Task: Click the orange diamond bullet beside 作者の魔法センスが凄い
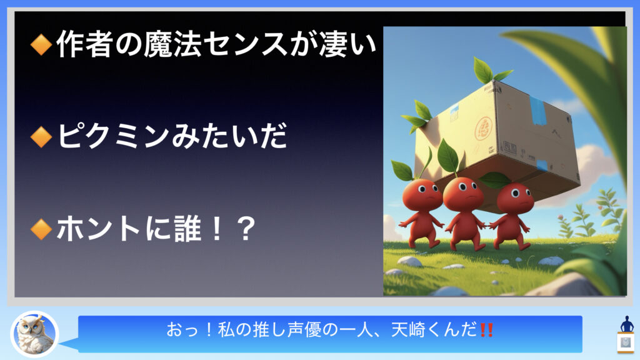coord(41,44)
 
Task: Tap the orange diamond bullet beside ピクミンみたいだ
coord(41,136)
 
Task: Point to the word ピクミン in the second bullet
coord(113,136)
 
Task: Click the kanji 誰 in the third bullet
coord(188,229)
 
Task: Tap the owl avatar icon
coord(35,334)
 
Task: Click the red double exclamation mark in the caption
coord(486,330)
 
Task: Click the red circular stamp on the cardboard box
coord(483,129)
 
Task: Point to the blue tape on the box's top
coord(538,110)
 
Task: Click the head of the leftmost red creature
coord(422,195)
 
